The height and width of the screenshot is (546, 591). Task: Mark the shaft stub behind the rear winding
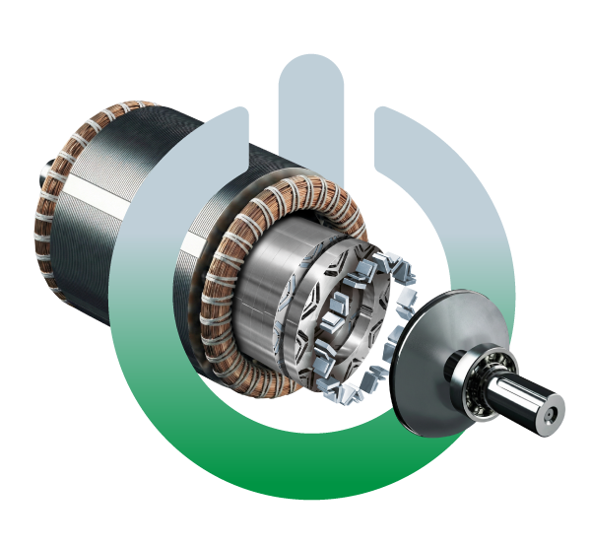coord(45,182)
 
